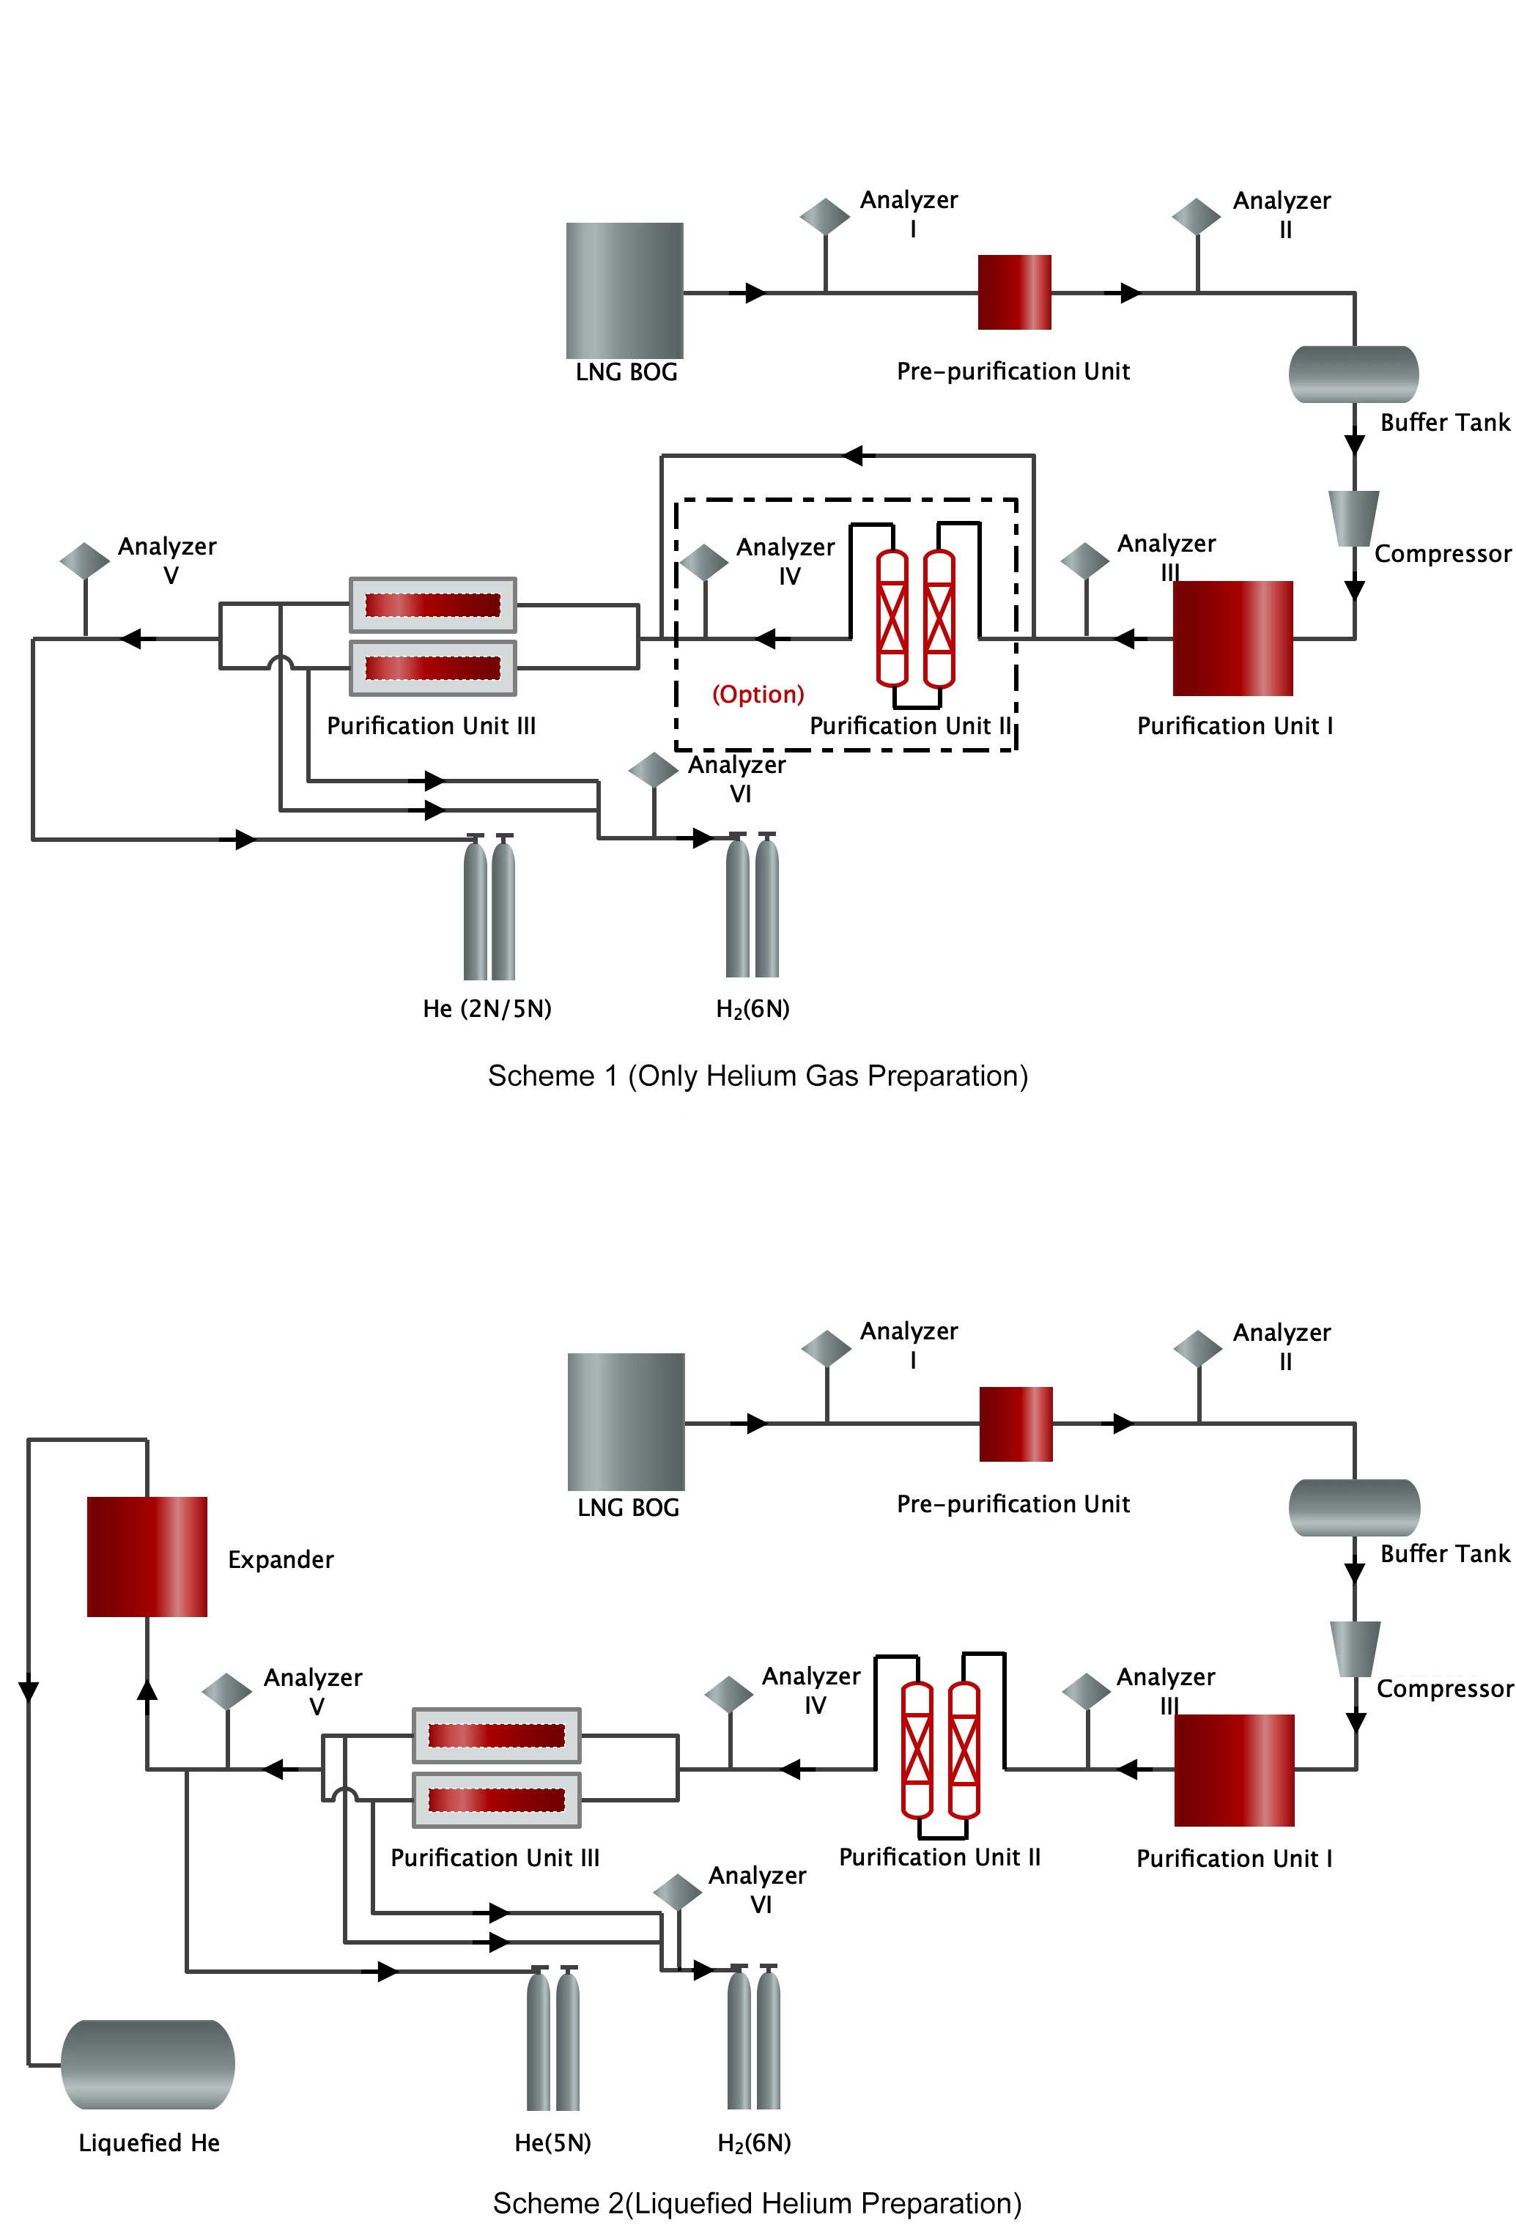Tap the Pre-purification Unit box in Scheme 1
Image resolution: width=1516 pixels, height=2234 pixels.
click(x=1013, y=292)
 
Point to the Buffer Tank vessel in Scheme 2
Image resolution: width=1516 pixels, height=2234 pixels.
click(x=1353, y=1506)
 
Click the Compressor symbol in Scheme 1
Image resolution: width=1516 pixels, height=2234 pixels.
click(x=1353, y=518)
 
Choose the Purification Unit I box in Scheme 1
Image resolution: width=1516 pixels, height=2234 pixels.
click(x=1232, y=637)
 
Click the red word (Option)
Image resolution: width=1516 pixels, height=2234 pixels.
click(x=758, y=694)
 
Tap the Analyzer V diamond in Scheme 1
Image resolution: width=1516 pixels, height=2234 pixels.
click(x=84, y=561)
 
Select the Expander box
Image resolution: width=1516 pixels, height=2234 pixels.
click(x=147, y=1556)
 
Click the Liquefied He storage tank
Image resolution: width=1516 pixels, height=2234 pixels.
click(x=148, y=2064)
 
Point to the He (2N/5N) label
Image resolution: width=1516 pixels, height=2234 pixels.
click(x=487, y=1008)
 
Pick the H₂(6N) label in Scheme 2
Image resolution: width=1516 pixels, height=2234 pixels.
click(x=754, y=2142)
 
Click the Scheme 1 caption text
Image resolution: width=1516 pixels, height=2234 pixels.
click(x=758, y=1076)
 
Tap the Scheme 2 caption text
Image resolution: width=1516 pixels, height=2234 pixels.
click(x=758, y=2202)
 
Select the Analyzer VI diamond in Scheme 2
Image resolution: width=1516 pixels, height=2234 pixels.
click(x=677, y=1892)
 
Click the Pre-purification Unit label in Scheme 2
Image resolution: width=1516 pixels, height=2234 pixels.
click(x=1013, y=1503)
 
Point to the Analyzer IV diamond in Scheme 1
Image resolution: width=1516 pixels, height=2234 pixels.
click(x=703, y=562)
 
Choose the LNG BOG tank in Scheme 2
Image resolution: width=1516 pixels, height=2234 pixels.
click(x=626, y=1421)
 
